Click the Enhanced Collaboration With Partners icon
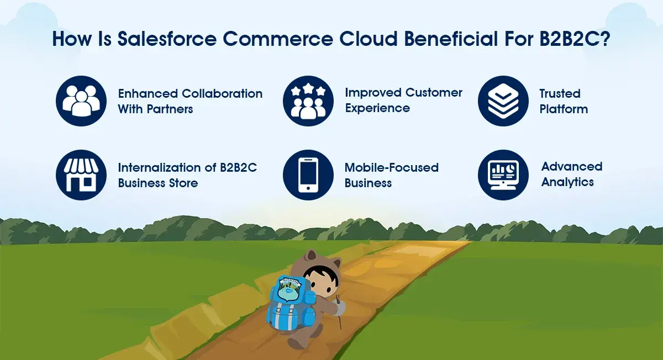tap(81, 101)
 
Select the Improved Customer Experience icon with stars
tap(308, 101)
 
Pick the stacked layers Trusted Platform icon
tap(503, 101)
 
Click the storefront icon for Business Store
tap(81, 175)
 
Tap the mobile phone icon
tap(308, 175)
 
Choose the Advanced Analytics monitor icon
tap(503, 175)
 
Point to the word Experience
tap(377, 108)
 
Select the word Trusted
tap(560, 93)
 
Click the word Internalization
tap(159, 167)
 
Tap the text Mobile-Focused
tap(391, 167)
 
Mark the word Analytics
tap(567, 182)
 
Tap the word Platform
tap(564, 108)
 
